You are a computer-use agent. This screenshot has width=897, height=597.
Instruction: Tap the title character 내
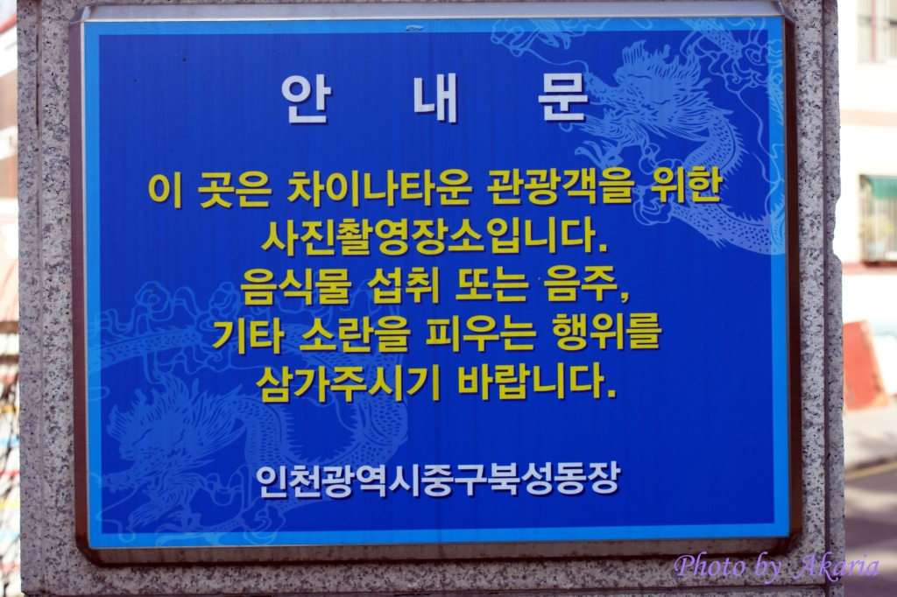(436, 99)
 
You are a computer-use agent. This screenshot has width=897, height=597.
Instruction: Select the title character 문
(563, 99)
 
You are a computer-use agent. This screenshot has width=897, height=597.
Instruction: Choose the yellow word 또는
(491, 285)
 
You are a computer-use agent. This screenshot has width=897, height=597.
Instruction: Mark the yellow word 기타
(248, 334)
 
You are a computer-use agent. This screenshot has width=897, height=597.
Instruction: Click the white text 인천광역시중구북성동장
(438, 480)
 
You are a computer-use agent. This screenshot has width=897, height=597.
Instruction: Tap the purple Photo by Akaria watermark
(776, 566)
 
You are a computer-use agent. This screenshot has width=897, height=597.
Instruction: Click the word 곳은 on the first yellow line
(235, 189)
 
